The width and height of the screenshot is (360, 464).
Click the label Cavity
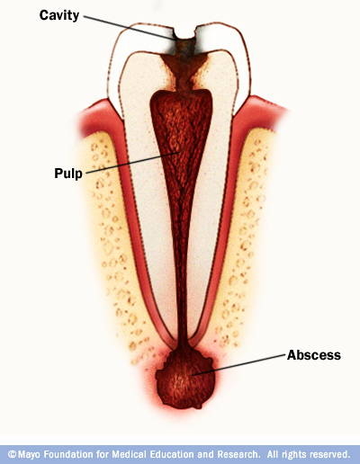pos(59,15)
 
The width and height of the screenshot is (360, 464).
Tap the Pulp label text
pos(68,174)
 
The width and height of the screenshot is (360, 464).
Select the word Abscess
pos(314,355)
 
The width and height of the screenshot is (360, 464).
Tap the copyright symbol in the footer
pos(12,454)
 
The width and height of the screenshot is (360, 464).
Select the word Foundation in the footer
pos(70,454)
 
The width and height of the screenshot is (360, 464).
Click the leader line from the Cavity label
pos(129,27)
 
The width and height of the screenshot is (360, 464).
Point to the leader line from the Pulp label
pos(132,163)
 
